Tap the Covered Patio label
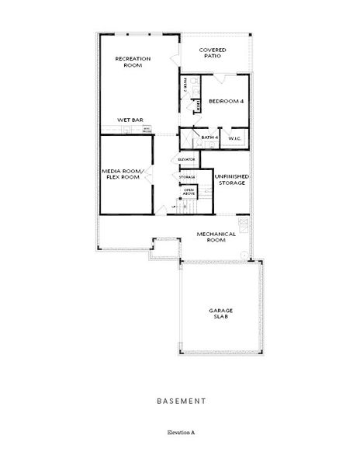[211, 53]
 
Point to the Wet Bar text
[130, 120]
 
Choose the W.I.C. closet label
[236, 137]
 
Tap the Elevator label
[186, 159]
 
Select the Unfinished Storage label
[230, 179]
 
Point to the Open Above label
[189, 191]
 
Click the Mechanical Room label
[210, 237]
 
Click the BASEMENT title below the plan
[180, 402]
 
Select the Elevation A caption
[180, 431]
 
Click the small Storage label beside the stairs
[187, 177]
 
